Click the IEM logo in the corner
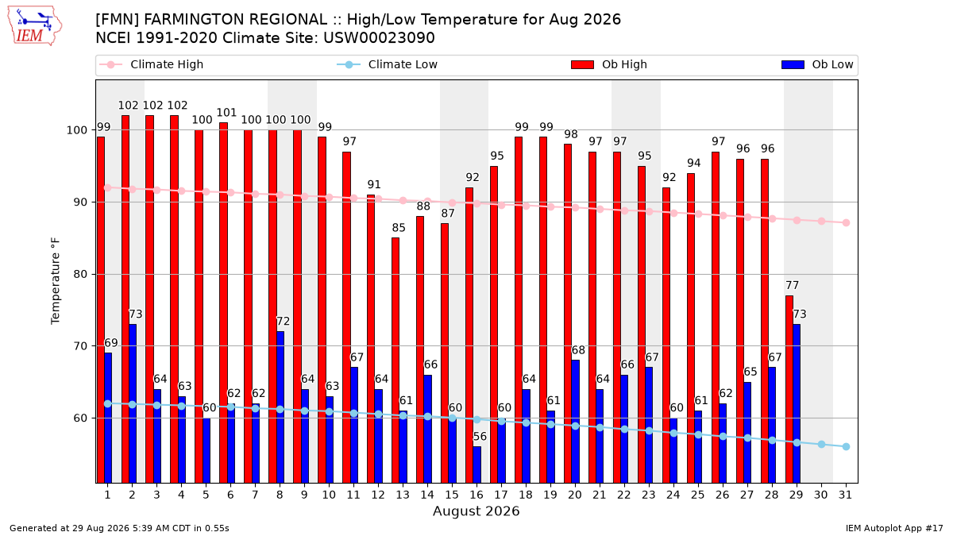point(34,26)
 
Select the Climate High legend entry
point(151,64)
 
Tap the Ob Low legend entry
point(817,64)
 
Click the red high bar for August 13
point(395,361)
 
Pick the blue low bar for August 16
point(477,465)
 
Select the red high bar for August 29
point(789,389)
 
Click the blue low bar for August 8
point(280,407)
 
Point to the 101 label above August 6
point(226,113)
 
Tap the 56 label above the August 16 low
point(480,437)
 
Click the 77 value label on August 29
point(793,285)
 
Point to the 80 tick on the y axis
point(80,275)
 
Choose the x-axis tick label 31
point(845,495)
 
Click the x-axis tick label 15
point(452,495)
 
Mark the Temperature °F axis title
point(56,281)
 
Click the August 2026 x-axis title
point(476,511)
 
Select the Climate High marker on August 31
point(847,222)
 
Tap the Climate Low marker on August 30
point(821,444)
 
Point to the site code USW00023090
point(379,38)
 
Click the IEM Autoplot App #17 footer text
point(894,528)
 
